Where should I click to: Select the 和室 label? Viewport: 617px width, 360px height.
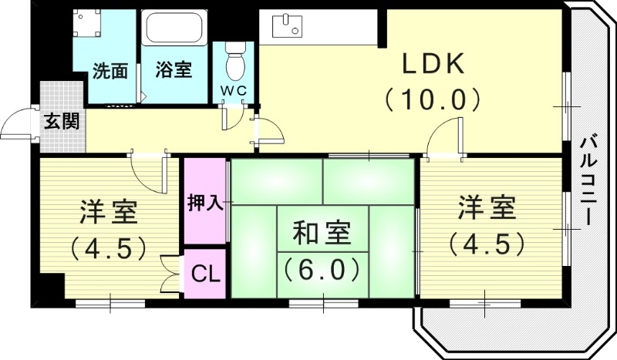pyautogui.click(x=322, y=232)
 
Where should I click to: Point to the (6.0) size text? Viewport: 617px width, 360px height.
pyautogui.click(x=322, y=269)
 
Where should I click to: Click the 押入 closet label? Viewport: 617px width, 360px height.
pyautogui.click(x=205, y=203)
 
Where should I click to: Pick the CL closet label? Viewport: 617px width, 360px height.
pyautogui.click(x=204, y=273)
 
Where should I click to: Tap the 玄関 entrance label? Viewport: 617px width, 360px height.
pyautogui.click(x=59, y=121)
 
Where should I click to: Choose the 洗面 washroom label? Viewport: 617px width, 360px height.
pyautogui.click(x=110, y=71)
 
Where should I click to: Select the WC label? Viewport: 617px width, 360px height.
pyautogui.click(x=234, y=90)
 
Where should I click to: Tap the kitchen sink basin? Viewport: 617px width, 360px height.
pyautogui.click(x=290, y=26)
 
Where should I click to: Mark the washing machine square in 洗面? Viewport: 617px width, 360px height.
pyautogui.click(x=87, y=23)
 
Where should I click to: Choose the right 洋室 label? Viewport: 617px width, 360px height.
pyautogui.click(x=487, y=208)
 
